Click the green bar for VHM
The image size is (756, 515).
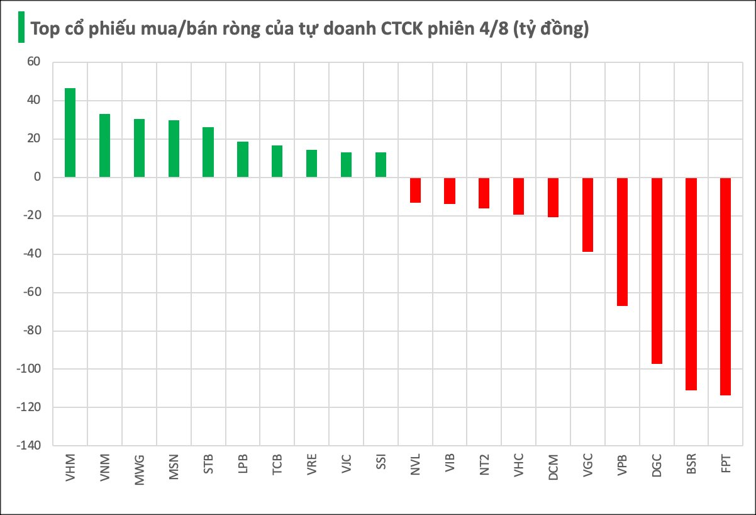click(70, 133)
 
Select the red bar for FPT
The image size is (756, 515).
click(725, 286)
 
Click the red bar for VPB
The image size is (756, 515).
click(622, 242)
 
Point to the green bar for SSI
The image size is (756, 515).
click(381, 165)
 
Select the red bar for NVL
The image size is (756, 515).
click(415, 190)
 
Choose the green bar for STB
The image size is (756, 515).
click(208, 152)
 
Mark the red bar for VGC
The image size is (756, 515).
click(587, 215)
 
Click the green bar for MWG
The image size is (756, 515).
click(139, 148)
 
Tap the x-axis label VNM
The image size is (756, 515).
click(105, 467)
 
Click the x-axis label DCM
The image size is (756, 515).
click(553, 467)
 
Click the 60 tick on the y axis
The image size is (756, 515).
click(33, 62)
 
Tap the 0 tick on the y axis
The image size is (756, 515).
click(36, 178)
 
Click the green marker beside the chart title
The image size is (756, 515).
click(21, 28)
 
